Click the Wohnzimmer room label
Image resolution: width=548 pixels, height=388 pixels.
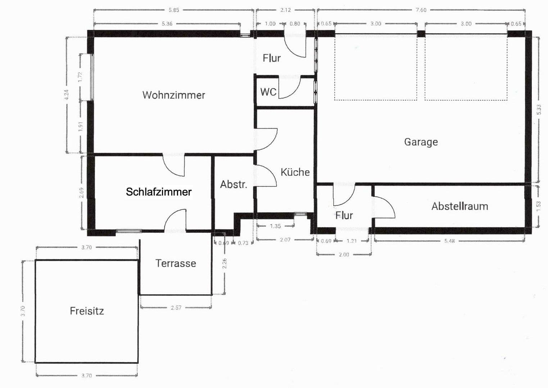(x=174, y=95)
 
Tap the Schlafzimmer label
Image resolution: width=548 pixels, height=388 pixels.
(x=159, y=192)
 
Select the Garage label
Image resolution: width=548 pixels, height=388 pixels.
(x=421, y=142)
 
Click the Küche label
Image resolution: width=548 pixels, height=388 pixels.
(x=295, y=172)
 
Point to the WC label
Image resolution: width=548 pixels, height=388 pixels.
(x=268, y=92)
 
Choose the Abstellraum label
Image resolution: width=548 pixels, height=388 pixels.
(x=459, y=207)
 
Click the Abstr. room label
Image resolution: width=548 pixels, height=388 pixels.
(x=234, y=185)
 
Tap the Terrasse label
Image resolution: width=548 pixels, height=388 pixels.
(x=176, y=263)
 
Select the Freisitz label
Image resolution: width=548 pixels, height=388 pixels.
(x=87, y=311)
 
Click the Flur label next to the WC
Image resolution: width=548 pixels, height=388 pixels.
(x=271, y=58)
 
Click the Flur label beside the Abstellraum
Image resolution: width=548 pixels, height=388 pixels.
(x=344, y=216)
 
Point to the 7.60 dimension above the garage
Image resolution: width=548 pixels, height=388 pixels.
(x=421, y=10)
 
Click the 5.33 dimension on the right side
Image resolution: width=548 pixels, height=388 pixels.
(x=538, y=110)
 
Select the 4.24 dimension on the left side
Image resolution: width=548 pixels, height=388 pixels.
(x=66, y=95)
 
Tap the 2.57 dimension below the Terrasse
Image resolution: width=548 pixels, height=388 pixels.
(x=176, y=308)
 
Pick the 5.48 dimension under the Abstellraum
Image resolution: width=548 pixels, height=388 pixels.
(x=449, y=241)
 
